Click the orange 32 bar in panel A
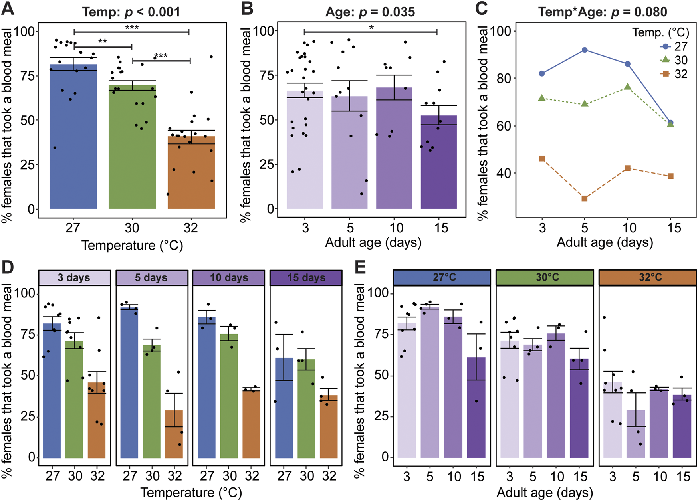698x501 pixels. tap(191, 176)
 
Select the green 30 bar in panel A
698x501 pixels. tap(132, 152)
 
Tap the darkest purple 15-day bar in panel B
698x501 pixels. tap(438, 164)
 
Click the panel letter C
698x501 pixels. tap(482, 9)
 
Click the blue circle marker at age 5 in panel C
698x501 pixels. tap(585, 50)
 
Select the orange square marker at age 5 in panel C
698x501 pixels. tap(585, 198)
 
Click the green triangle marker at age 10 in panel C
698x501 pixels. tap(628, 87)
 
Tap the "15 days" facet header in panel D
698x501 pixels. tap(306, 278)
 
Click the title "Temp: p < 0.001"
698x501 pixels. tap(131, 12)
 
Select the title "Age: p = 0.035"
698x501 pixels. tap(370, 12)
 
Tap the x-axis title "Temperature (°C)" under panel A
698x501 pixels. tap(132, 245)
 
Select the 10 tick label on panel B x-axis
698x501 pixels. tap(396, 228)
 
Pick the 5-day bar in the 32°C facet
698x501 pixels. tap(636, 435)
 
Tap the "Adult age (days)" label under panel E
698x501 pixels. tap(545, 493)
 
